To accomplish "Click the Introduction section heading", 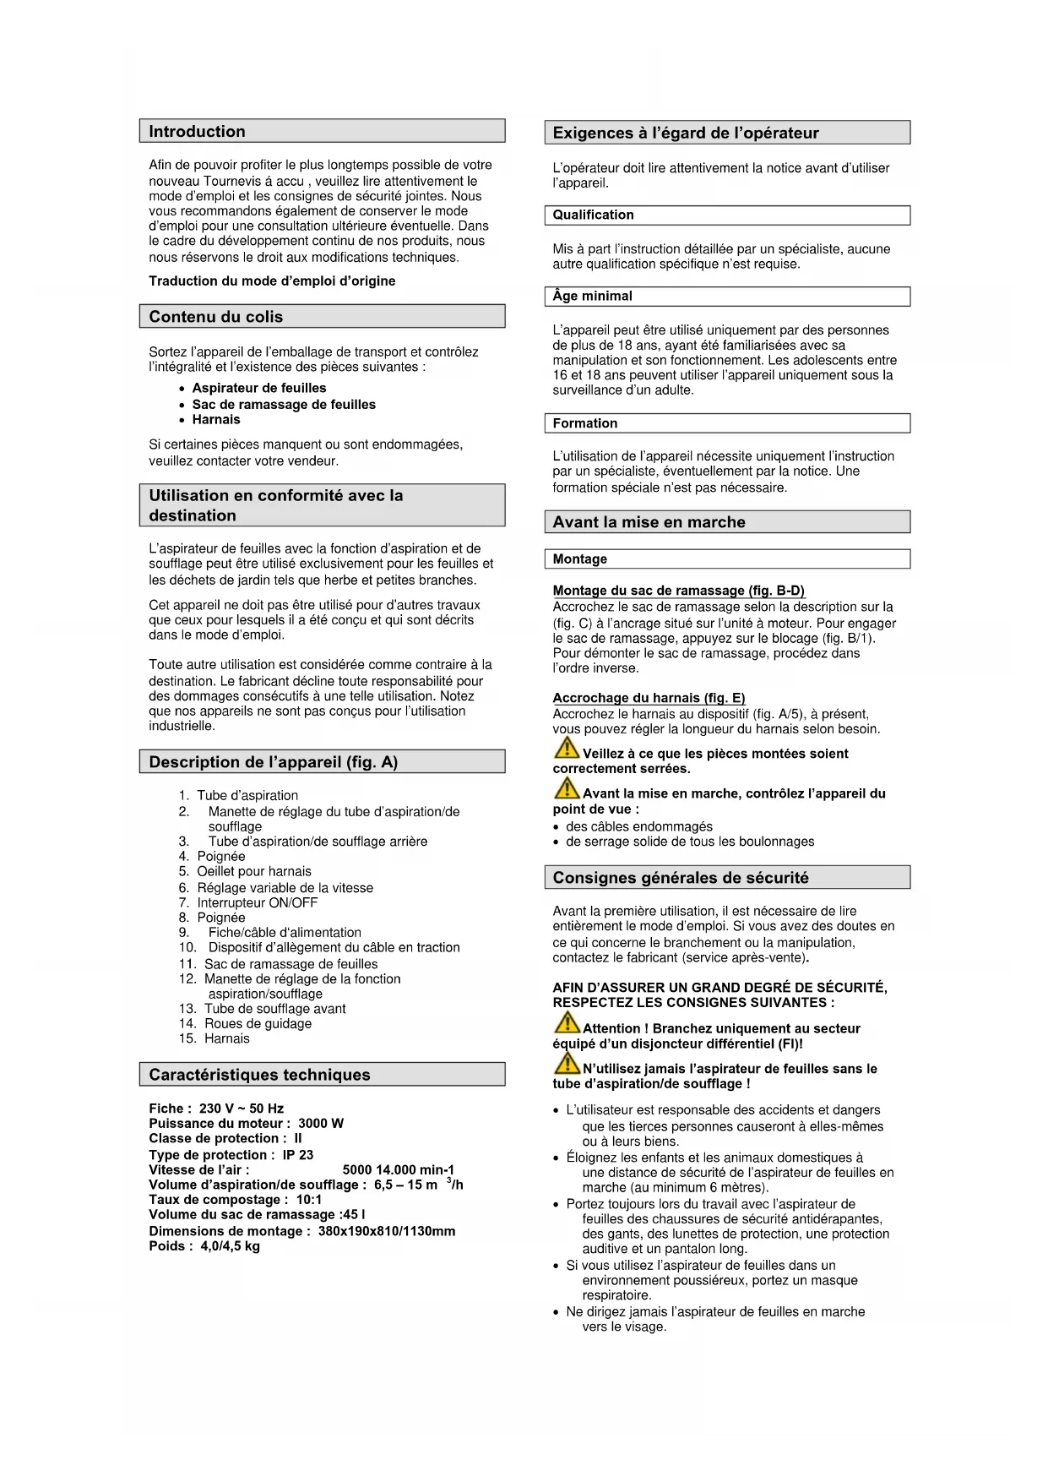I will click(197, 131).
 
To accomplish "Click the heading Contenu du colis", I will click(215, 317).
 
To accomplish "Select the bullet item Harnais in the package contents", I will click(216, 420).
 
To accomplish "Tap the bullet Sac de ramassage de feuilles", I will click(284, 405).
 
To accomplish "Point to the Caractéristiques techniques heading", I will click(259, 1075).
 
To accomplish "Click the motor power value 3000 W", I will click(321, 1124).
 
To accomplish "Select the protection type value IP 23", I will click(298, 1155).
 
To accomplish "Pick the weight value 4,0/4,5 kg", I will click(230, 1246).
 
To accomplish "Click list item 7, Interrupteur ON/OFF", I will click(257, 902).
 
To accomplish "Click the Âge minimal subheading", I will click(592, 297).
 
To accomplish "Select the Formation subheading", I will click(584, 423).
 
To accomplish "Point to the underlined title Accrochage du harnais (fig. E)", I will click(649, 698).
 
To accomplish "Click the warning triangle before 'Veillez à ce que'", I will click(566, 749).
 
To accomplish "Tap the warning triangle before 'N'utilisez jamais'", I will click(566, 1064).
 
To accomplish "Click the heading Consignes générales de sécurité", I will click(681, 878).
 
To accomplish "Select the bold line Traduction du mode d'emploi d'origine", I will click(272, 281).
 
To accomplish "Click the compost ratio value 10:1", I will click(309, 1200).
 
